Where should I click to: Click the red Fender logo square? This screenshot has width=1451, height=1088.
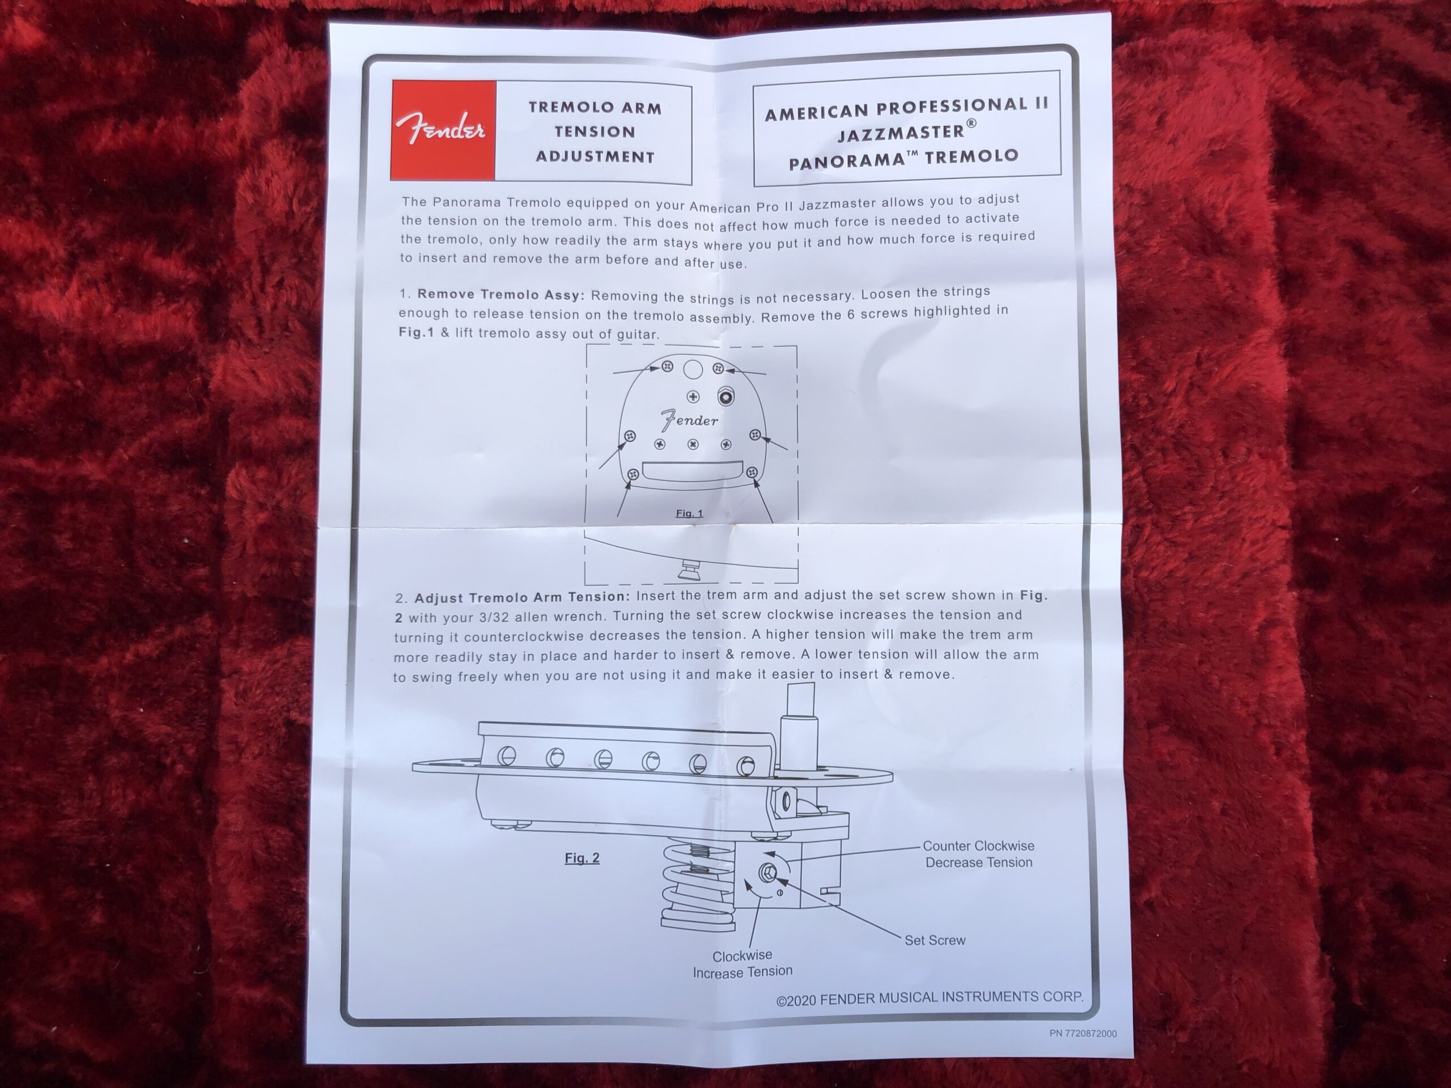coord(443,130)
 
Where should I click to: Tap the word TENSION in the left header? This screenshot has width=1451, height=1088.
coord(595,132)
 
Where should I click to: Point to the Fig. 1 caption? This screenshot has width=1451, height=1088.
coord(689,513)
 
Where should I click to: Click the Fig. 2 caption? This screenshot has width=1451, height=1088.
coord(582,858)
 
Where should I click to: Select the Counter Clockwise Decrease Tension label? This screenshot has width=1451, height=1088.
coord(978,855)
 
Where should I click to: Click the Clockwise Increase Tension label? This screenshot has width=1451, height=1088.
coord(743,964)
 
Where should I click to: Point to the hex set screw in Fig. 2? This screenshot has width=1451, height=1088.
coord(767,872)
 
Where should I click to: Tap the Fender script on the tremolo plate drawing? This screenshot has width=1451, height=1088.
coord(689,420)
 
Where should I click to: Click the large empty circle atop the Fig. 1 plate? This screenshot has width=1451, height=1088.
coord(693,369)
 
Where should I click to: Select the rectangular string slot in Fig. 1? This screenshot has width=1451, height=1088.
coord(692,470)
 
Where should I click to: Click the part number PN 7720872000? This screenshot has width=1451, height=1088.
coord(1083,1034)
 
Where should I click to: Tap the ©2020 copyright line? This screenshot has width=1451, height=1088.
coord(930,999)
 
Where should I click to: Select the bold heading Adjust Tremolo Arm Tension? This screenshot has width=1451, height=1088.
coord(522,597)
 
